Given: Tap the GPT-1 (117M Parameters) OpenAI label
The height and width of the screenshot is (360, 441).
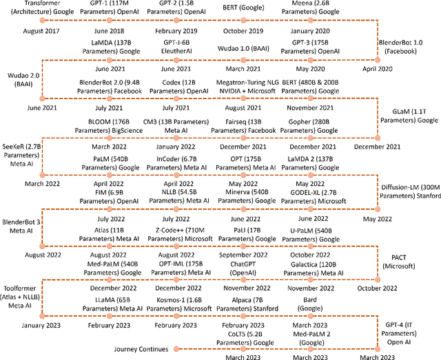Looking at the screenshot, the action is [x=112, y=8].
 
